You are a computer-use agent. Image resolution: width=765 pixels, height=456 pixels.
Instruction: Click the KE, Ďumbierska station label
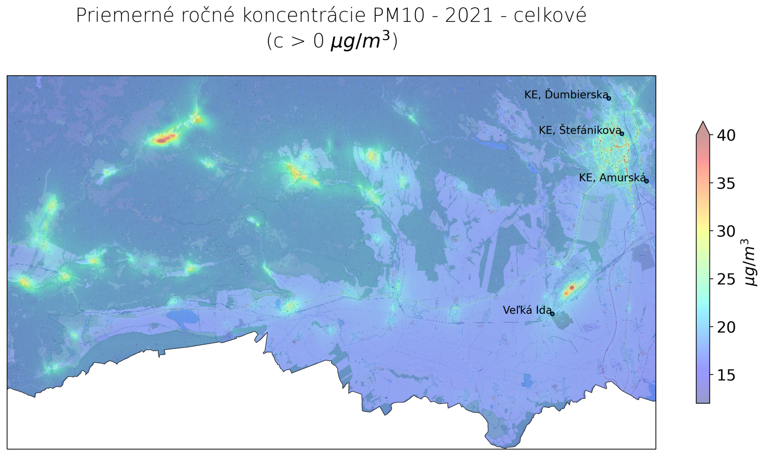(x=566, y=95)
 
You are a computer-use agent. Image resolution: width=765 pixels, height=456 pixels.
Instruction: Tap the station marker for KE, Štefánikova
(x=622, y=133)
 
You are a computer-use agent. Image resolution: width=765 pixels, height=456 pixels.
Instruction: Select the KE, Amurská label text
(x=612, y=178)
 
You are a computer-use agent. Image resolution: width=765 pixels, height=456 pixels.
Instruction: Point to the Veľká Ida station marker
(x=552, y=314)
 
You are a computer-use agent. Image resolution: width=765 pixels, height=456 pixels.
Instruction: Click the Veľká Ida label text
(x=526, y=310)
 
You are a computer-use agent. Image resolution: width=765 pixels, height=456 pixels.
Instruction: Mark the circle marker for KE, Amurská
(x=646, y=181)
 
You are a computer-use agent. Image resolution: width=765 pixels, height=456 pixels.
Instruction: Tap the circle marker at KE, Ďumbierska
(x=609, y=98)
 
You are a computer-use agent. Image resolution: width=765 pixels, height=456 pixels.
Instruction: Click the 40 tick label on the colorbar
(x=726, y=135)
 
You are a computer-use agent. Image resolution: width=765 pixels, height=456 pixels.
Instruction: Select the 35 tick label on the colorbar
(x=726, y=183)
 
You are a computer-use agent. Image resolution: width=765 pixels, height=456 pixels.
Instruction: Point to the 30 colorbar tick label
(x=726, y=231)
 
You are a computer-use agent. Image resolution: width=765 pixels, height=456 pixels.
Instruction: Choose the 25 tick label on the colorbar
(x=726, y=279)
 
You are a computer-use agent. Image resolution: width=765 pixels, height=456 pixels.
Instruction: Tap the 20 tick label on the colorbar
(x=726, y=327)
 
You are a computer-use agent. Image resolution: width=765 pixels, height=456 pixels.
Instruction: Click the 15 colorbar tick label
(x=726, y=375)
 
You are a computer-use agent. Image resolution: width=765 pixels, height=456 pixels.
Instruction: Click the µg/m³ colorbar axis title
(x=751, y=262)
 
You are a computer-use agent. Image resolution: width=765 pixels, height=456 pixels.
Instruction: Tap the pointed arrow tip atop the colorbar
(x=703, y=123)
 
